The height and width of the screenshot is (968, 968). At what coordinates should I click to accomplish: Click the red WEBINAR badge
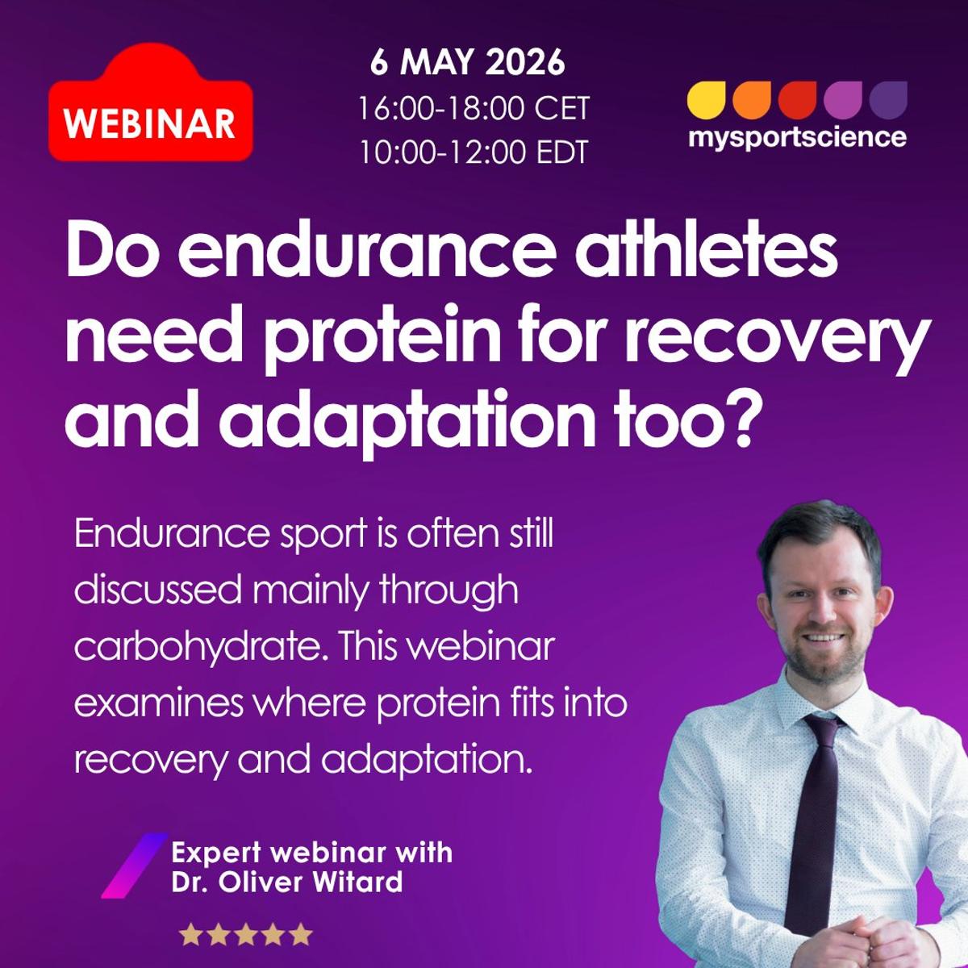pos(150,123)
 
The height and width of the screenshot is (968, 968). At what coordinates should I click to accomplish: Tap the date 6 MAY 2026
pos(468,63)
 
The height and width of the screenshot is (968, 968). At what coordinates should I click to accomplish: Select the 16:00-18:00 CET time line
pos(474,108)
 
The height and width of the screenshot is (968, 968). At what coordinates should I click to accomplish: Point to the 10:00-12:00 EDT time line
pos(474,152)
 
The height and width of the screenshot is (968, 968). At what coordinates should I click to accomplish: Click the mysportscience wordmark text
pos(797,137)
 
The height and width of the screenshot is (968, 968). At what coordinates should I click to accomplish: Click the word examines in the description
pos(158,703)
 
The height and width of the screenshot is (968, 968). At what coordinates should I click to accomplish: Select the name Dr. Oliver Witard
pos(286,881)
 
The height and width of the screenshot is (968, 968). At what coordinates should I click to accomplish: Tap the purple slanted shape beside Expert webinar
pos(133,866)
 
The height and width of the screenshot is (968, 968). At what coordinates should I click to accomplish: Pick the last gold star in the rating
pos(300,935)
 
